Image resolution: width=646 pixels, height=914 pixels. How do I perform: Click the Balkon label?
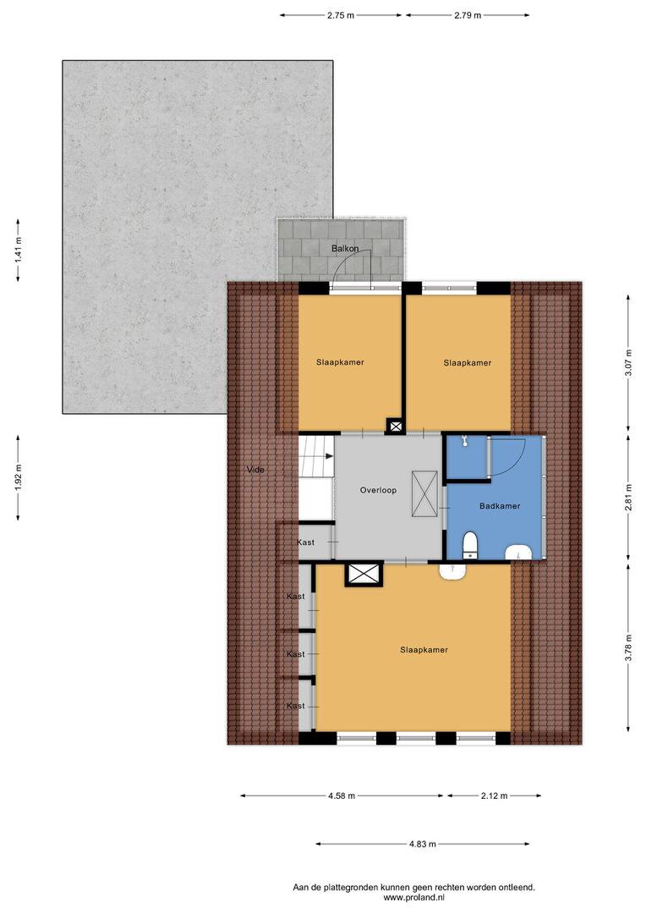(345, 248)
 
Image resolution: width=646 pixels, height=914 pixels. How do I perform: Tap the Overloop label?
(378, 490)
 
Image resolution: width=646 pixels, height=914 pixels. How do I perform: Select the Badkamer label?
(500, 506)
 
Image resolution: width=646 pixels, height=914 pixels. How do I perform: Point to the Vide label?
(255, 469)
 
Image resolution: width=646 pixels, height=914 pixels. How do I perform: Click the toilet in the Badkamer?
(469, 544)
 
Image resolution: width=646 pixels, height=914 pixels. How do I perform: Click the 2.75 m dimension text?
(341, 16)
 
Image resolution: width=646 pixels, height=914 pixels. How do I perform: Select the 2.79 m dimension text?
(468, 16)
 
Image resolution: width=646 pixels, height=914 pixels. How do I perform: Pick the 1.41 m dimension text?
(19, 251)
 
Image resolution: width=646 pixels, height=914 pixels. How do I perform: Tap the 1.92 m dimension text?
(19, 477)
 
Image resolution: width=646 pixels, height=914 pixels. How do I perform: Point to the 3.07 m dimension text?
(628, 363)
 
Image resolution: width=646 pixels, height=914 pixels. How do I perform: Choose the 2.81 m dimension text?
(628, 498)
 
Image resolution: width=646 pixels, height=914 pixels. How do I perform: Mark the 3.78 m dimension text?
(628, 647)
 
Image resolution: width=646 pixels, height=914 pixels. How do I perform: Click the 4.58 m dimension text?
(342, 796)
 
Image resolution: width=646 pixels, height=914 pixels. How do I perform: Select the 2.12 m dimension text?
(494, 796)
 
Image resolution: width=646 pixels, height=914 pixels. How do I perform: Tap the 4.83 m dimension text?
(422, 844)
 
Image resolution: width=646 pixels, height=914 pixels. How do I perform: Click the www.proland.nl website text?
(413, 898)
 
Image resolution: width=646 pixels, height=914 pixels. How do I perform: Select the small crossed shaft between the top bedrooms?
(396, 427)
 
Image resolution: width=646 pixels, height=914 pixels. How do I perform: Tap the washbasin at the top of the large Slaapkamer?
(452, 571)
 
